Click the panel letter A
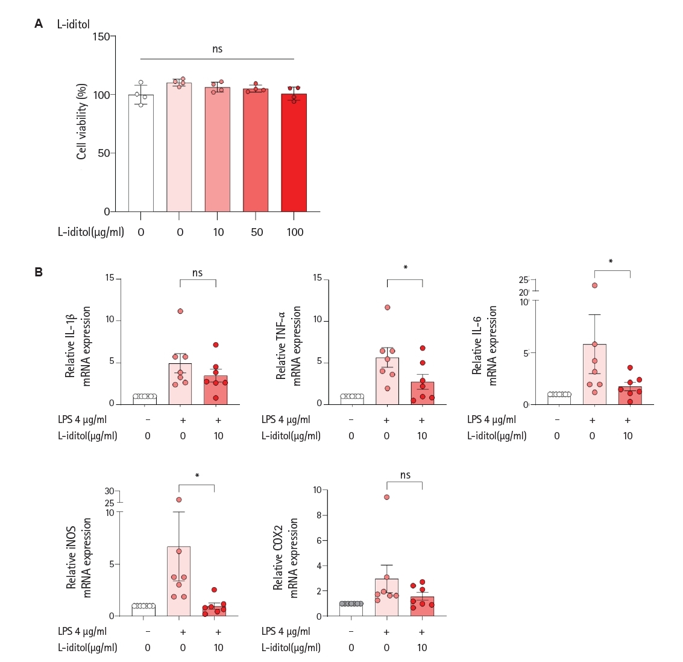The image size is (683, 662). [x=39, y=24]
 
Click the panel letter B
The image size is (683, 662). [x=39, y=272]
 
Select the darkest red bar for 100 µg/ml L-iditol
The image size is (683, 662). [x=294, y=153]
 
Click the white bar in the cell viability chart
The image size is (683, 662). [x=140, y=153]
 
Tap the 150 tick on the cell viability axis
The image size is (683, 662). [x=101, y=37]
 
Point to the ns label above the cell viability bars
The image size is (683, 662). [x=218, y=49]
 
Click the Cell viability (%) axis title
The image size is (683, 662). [x=82, y=122]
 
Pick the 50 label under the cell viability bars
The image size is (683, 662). [x=257, y=232]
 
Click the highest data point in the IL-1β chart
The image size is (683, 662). [x=180, y=311]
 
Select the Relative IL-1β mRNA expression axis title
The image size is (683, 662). [x=78, y=346]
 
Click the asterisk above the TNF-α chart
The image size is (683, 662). [x=406, y=267]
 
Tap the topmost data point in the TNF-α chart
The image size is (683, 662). [x=387, y=307]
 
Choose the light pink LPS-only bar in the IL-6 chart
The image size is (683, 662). [x=594, y=375]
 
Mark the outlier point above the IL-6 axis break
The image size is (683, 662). [x=594, y=285]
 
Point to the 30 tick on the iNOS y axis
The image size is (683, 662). [x=109, y=491]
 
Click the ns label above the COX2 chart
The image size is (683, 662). [x=406, y=475]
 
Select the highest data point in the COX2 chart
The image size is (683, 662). [x=387, y=497]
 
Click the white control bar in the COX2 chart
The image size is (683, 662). [x=351, y=609]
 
